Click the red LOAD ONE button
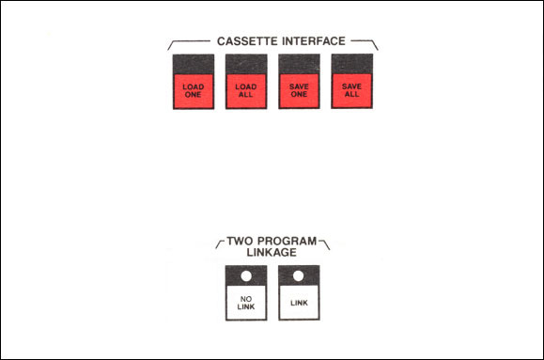click(x=194, y=91)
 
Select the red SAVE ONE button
click(x=299, y=90)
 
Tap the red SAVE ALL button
click(x=351, y=90)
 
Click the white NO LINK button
click(x=246, y=303)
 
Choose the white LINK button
click(x=299, y=303)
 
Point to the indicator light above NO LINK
click(x=246, y=276)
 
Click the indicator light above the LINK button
click(x=299, y=275)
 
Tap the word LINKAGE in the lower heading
click(x=272, y=253)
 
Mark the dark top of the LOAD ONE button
click(x=194, y=64)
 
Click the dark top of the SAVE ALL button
click(x=352, y=64)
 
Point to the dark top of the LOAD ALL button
click(x=246, y=64)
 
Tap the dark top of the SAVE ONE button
click(x=299, y=64)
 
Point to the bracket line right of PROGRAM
click(x=325, y=244)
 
